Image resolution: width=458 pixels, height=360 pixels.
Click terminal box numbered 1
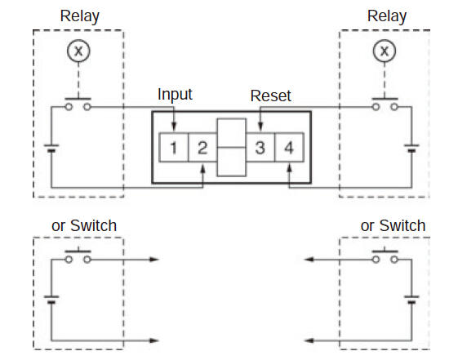click(174, 147)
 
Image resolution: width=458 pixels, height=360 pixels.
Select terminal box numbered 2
click(202, 147)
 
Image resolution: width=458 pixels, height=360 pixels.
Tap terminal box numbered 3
click(260, 147)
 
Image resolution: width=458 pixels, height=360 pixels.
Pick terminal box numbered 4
click(289, 147)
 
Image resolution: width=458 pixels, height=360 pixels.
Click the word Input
click(175, 95)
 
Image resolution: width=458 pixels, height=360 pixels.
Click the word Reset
click(271, 96)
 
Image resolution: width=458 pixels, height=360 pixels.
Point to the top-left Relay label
click(80, 16)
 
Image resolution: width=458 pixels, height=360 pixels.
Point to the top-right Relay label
click(387, 16)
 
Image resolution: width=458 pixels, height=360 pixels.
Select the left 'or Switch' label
click(84, 225)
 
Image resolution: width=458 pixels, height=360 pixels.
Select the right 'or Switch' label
click(393, 225)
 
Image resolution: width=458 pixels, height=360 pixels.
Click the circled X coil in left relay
click(78, 51)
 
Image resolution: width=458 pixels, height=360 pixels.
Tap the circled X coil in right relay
click(385, 51)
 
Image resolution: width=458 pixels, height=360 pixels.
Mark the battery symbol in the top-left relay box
click(51, 148)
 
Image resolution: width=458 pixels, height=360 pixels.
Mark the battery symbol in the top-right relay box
click(411, 148)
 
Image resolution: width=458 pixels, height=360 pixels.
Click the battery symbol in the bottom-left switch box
click(51, 300)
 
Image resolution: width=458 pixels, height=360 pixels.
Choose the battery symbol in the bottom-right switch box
click(411, 300)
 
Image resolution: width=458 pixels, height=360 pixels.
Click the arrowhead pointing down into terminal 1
click(174, 127)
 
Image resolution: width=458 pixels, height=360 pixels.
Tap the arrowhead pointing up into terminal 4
click(289, 169)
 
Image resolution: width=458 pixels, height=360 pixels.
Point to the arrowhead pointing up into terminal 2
click(202, 169)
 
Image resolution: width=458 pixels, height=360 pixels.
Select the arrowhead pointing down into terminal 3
click(260, 127)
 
